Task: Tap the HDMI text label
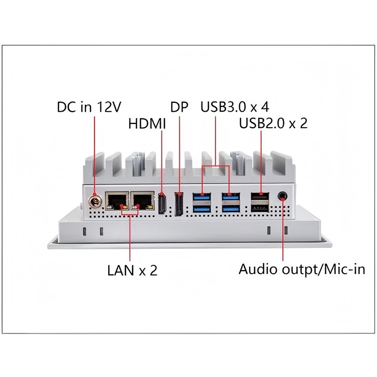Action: [148, 124]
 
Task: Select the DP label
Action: [179, 107]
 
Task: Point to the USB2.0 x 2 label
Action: [273, 124]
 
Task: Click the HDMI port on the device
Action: [162, 204]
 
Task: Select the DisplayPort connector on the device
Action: [179, 204]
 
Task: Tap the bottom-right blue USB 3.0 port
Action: [230, 207]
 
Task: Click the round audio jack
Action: [283, 195]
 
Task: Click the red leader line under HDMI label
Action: [162, 160]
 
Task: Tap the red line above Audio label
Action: [283, 231]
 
